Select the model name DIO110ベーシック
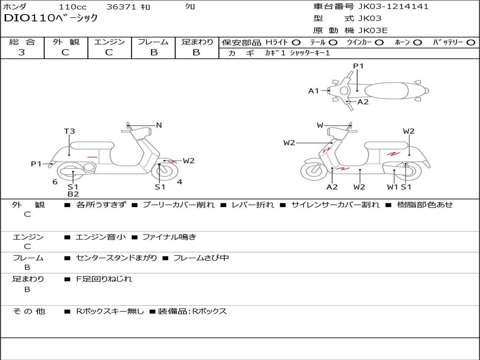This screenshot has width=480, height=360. pyautogui.click(x=51, y=19)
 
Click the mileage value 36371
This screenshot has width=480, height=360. pyautogui.click(x=123, y=7)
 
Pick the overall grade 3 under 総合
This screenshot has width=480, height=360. pyautogui.click(x=22, y=52)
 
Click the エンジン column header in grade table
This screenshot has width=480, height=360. pyautogui.click(x=109, y=42)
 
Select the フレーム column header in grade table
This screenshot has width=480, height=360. pyautogui.click(x=153, y=42)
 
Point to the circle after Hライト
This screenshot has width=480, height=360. pyautogui.click(x=296, y=43)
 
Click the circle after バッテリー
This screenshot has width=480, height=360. pyautogui.click(x=471, y=43)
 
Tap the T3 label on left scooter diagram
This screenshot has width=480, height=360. pyautogui.click(x=69, y=131)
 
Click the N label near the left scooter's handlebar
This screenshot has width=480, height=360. pyautogui.click(x=159, y=125)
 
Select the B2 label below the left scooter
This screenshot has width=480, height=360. pyautogui.click(x=73, y=194)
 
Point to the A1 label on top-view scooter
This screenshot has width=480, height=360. pyautogui.click(x=314, y=91)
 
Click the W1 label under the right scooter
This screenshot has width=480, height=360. pyautogui.click(x=392, y=187)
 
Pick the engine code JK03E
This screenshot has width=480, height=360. pyautogui.click(x=373, y=30)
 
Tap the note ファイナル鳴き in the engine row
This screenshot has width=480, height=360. pyautogui.click(x=169, y=237)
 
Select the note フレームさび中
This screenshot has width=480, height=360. pyautogui.click(x=201, y=258)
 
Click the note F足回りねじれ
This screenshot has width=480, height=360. pyautogui.click(x=104, y=279)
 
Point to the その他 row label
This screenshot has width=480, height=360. pyautogui.click(x=29, y=311)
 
